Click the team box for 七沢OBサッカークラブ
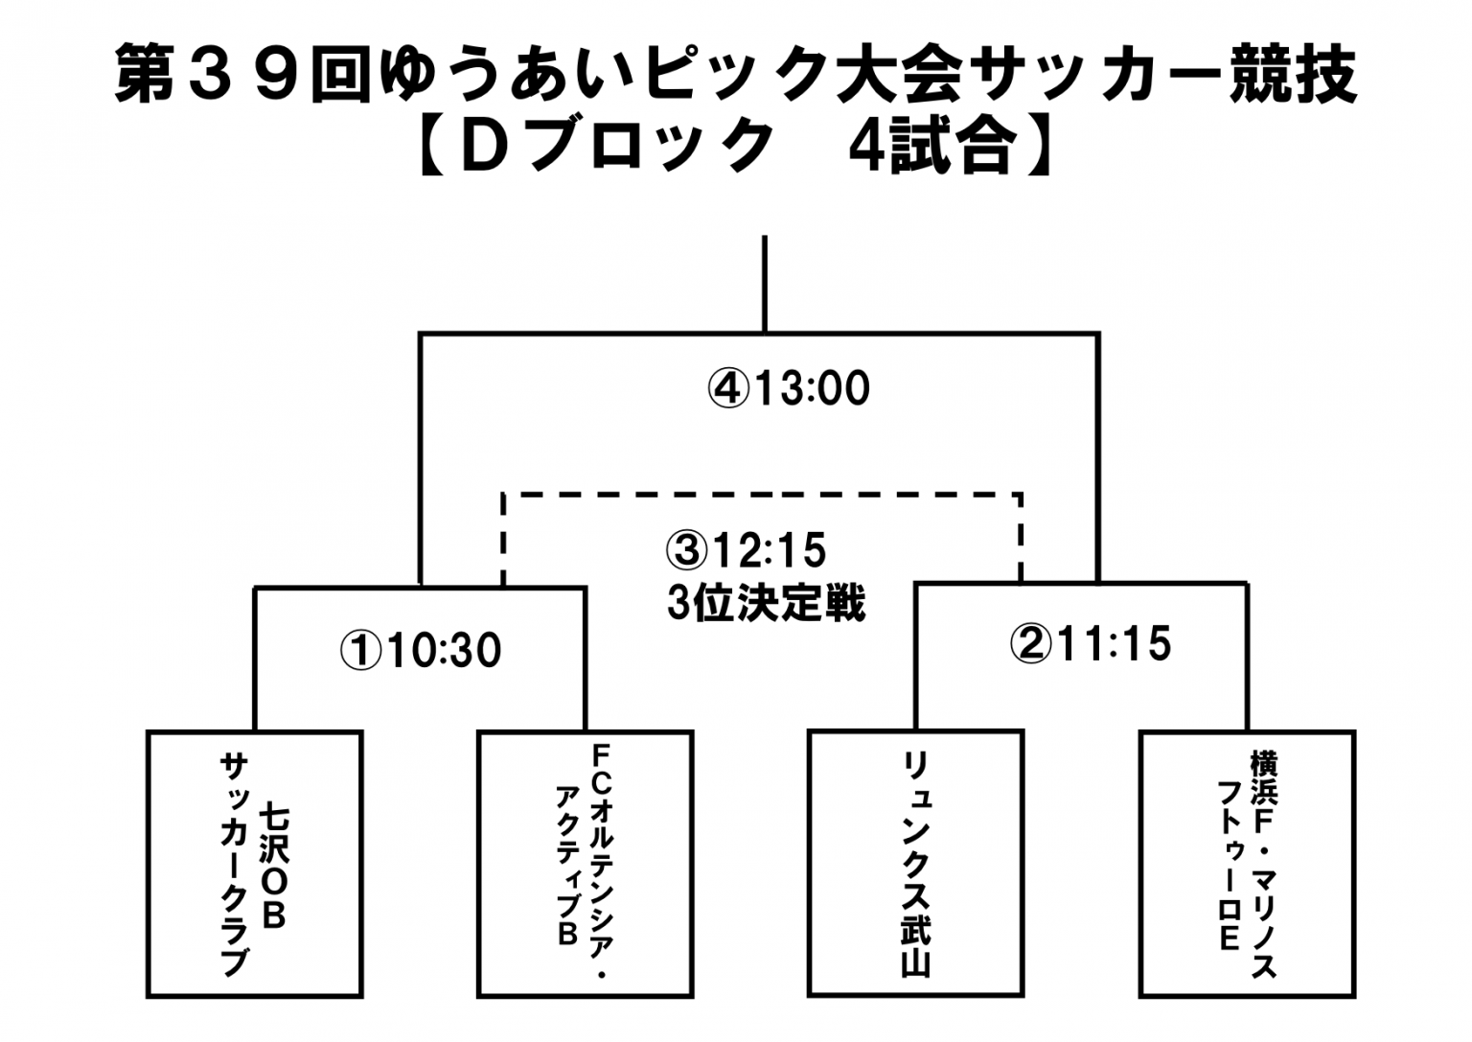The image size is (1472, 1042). tap(255, 865)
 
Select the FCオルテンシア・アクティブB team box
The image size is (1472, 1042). tap(586, 865)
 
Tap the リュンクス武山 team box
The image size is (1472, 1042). tap(915, 864)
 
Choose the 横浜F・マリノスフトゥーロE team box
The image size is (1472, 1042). tap(1247, 864)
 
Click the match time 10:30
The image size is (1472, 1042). tap(444, 651)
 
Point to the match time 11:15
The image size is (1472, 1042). tap(1115, 643)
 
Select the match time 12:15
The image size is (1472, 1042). tap(768, 550)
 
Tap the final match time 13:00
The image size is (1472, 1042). tap(812, 388)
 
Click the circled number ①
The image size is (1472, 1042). tap(361, 652)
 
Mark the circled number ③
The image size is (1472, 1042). tap(686, 551)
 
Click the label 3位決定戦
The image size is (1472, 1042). tap(767, 604)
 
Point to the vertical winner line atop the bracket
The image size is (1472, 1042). tap(764, 284)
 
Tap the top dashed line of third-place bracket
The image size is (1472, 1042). tap(762, 496)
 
